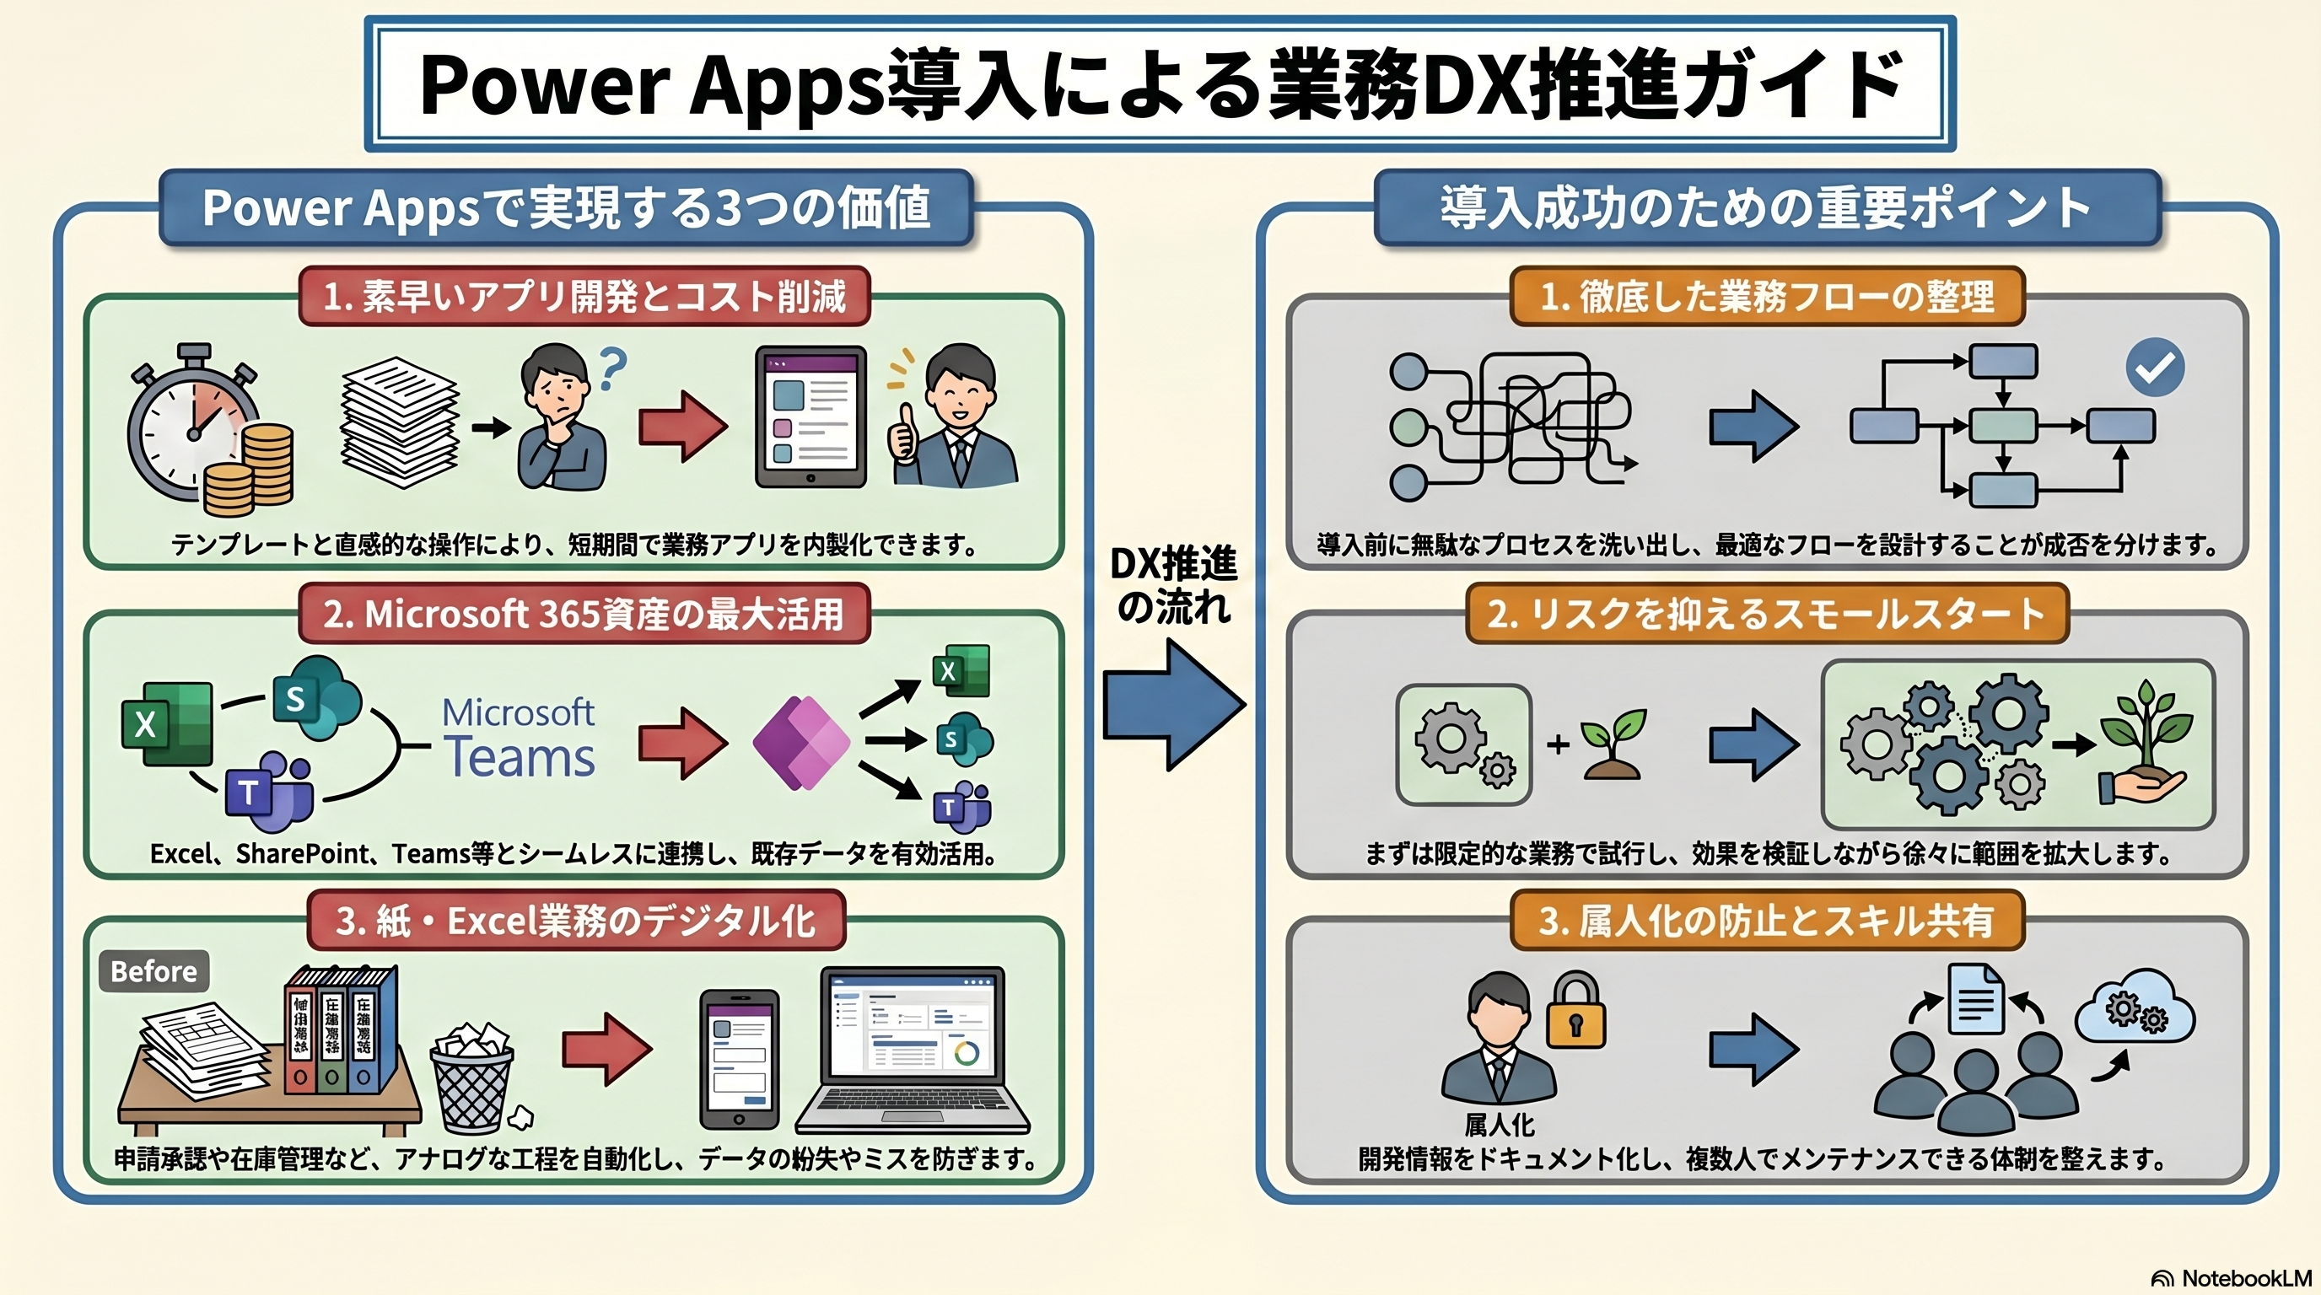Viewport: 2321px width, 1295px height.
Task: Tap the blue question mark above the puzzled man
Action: click(611, 368)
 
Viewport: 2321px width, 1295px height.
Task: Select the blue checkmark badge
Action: click(2154, 367)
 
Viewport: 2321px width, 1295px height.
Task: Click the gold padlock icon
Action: click(1575, 1012)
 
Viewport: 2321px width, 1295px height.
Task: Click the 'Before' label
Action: click(153, 970)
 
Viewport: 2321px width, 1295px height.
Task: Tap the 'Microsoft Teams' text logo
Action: click(519, 739)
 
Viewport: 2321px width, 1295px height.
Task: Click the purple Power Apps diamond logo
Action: click(801, 743)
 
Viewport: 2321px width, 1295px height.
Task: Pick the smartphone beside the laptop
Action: click(739, 1059)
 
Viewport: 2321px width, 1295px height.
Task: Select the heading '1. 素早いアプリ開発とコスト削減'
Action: click(584, 296)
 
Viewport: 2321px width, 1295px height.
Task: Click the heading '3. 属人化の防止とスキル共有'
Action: click(1766, 921)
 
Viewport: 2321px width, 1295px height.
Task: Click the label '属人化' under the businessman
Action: click(1500, 1124)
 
